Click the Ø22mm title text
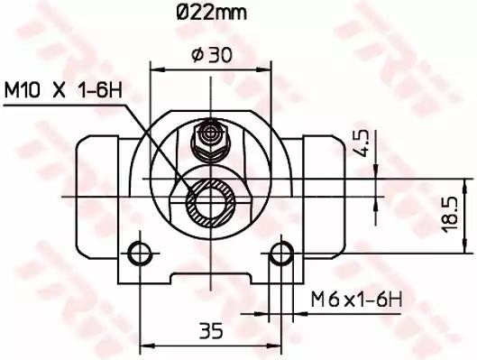[x=212, y=13]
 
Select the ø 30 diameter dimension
[x=212, y=55]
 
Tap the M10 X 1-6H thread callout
[x=63, y=90]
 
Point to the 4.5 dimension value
[x=362, y=143]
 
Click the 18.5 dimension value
[x=450, y=214]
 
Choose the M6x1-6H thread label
[x=356, y=299]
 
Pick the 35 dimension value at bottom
[x=211, y=330]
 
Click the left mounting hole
[x=141, y=254]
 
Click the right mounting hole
[x=281, y=254]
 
